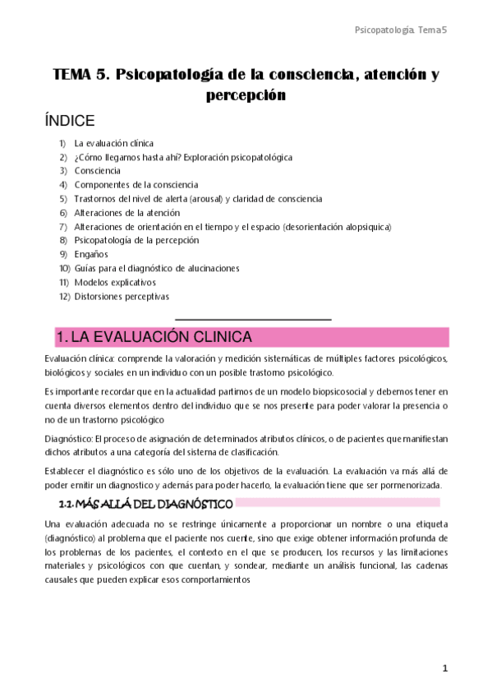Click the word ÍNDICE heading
point(70,120)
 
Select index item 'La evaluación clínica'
point(113,144)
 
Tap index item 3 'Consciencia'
point(97,171)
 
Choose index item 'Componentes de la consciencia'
point(136,185)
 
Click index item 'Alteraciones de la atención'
point(126,212)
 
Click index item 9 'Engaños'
point(90,254)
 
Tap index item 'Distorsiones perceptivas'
point(122,296)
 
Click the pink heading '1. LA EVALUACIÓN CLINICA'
point(153,338)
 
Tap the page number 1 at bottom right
point(445,668)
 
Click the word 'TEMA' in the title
point(74,75)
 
